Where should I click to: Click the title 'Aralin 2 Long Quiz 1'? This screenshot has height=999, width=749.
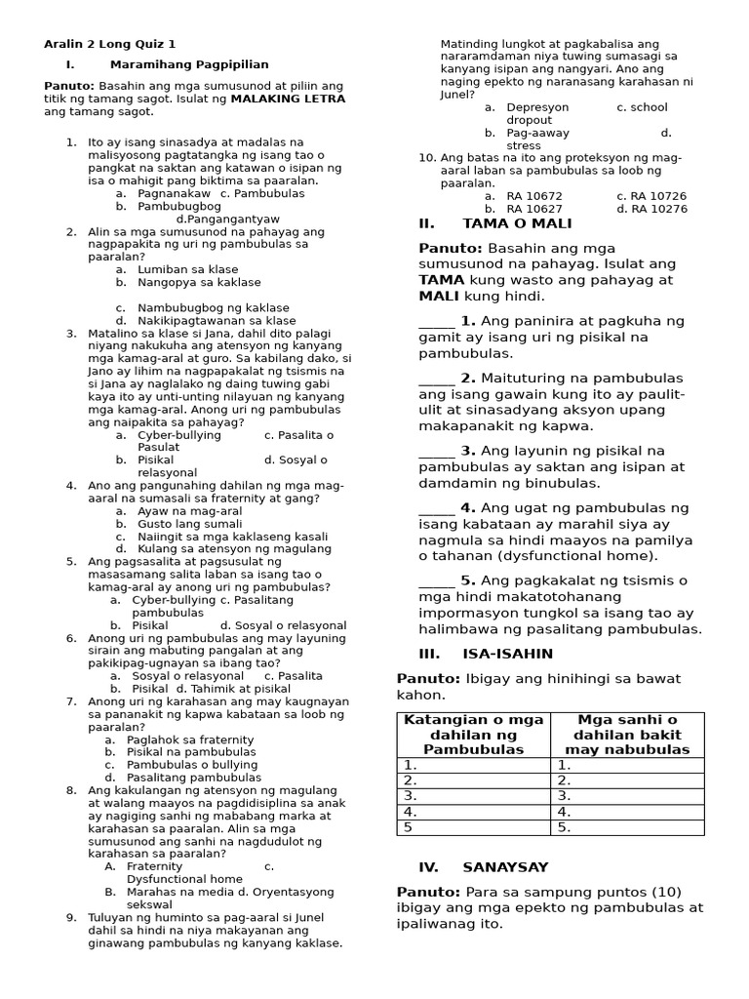(x=110, y=44)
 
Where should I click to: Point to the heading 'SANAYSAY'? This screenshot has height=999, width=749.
(x=505, y=866)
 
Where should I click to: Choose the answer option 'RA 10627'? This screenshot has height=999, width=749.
(x=534, y=209)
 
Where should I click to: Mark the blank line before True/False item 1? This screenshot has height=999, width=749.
(x=436, y=322)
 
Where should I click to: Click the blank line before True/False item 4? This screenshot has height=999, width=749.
(x=436, y=508)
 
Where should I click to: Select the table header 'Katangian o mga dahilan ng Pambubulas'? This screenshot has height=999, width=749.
(x=474, y=734)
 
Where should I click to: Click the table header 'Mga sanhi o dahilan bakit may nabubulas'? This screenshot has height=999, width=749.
(x=627, y=734)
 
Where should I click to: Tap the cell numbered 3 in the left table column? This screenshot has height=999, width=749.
(x=474, y=795)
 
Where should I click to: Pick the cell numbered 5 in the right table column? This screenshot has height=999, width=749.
(x=627, y=826)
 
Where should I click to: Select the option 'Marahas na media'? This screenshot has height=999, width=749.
(x=177, y=892)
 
